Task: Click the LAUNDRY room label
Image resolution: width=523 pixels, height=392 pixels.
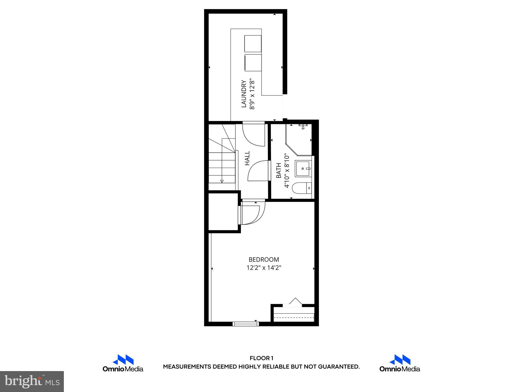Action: [x=244, y=94]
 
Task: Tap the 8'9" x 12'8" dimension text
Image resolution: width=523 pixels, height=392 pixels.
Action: [x=252, y=94]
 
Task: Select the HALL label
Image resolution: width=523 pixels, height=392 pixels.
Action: [x=247, y=158]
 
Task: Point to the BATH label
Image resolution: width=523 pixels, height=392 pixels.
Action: [x=279, y=170]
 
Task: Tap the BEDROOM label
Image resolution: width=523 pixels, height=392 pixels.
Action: [x=264, y=260]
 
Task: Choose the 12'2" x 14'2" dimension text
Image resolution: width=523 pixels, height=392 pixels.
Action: [x=264, y=268]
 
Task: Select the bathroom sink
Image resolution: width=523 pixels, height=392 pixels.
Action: [x=303, y=169]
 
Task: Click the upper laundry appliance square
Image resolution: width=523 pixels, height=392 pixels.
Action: [x=253, y=44]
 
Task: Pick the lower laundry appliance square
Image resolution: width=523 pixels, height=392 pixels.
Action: [x=253, y=63]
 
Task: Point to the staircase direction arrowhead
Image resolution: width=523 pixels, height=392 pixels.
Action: [x=222, y=181]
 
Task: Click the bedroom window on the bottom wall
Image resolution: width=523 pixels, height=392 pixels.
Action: [x=246, y=324]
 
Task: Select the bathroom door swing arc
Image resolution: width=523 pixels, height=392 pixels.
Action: [x=258, y=170]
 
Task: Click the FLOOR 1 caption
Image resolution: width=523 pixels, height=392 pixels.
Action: [x=261, y=358]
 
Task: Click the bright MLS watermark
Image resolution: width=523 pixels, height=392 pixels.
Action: [x=32, y=381]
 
